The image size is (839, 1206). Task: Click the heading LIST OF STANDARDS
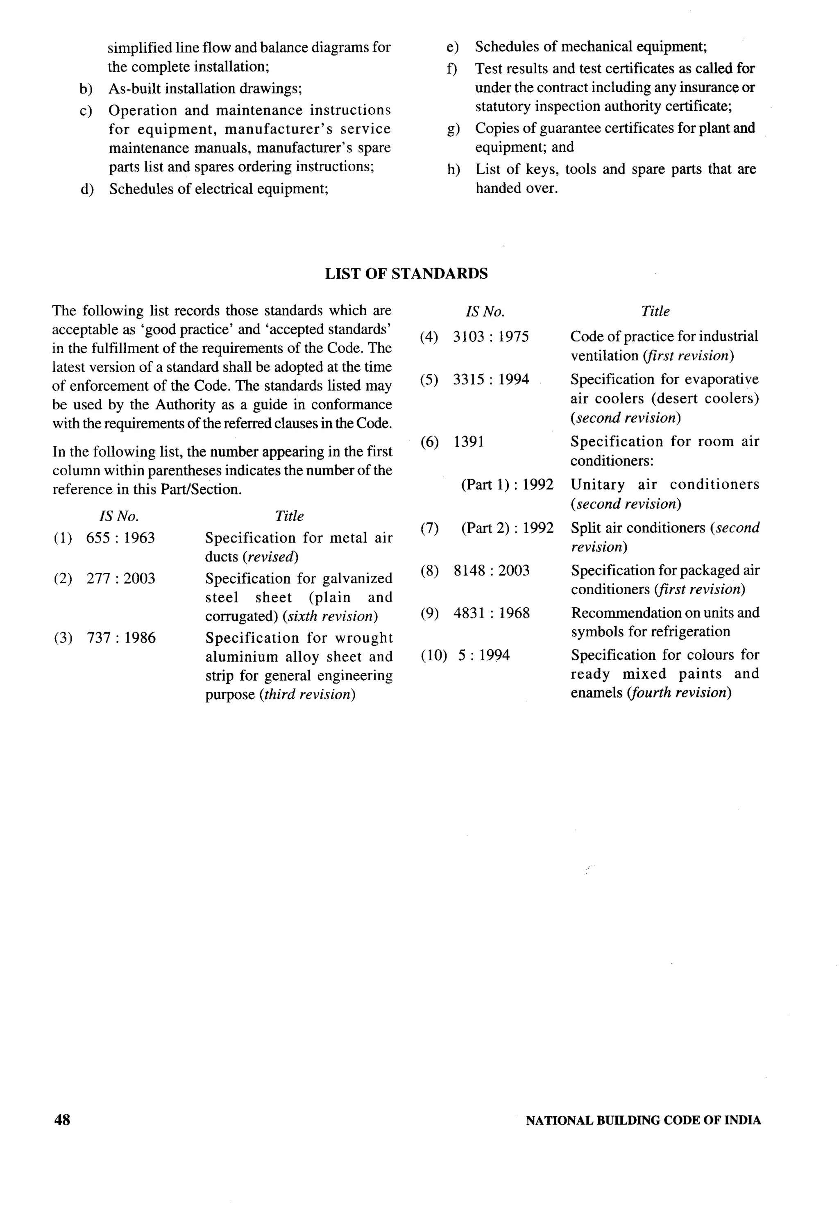coord(406,274)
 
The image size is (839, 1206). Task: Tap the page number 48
coord(62,1120)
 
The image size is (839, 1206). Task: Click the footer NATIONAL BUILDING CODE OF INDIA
coord(643,1120)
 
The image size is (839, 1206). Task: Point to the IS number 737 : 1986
coord(121,638)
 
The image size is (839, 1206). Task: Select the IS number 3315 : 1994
coord(491,379)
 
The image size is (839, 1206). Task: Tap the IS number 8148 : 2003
coord(492,570)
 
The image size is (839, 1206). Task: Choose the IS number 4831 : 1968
coord(492,613)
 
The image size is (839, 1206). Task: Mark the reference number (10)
coord(434,655)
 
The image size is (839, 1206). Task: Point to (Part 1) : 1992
coord(507,484)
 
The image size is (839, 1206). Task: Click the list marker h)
coord(453,170)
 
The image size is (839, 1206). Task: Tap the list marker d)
coord(86,189)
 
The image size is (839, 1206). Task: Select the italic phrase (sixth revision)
coord(330,616)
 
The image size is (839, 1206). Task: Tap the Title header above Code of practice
coord(655,311)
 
